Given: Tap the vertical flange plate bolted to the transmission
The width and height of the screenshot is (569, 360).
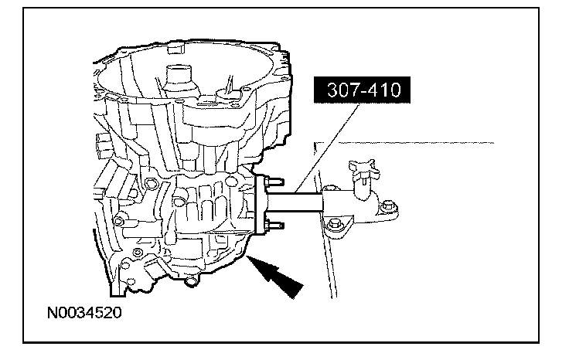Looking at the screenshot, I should tap(259, 205).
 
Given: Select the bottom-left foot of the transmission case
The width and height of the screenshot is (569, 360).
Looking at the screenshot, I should tap(116, 290).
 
